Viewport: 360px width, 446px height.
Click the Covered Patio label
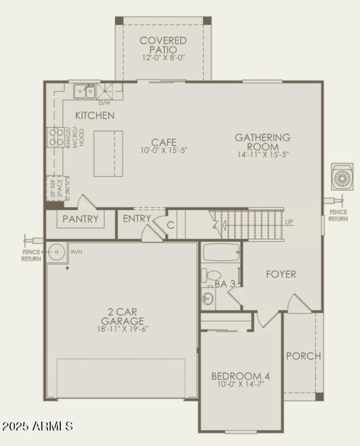pyautogui.click(x=162, y=45)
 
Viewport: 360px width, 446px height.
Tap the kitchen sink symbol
pyautogui.click(x=85, y=91)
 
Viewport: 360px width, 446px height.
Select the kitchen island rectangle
pyautogui.click(x=108, y=153)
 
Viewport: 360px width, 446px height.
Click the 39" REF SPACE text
pyautogui.click(x=57, y=188)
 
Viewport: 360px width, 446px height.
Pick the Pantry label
pyautogui.click(x=81, y=219)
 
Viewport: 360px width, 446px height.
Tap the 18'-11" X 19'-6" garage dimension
pyautogui.click(x=122, y=329)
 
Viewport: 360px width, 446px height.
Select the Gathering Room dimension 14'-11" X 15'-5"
pyautogui.click(x=262, y=154)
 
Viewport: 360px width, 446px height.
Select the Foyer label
pyautogui.click(x=281, y=274)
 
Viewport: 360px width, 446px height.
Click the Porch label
pyautogui.click(x=304, y=356)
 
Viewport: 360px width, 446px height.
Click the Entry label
pyautogui.click(x=137, y=219)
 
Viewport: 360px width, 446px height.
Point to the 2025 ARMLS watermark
pyautogui.click(x=37, y=425)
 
